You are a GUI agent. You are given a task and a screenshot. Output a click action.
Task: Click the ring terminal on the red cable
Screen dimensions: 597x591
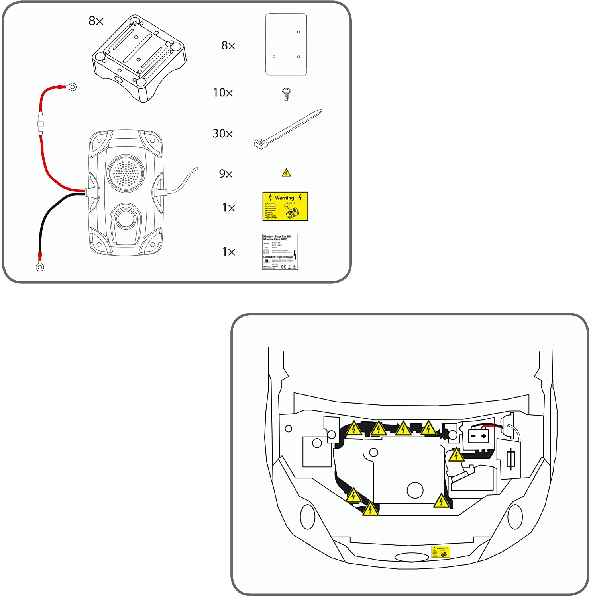click(72, 86)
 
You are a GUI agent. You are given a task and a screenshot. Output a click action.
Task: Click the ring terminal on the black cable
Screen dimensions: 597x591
click(40, 267)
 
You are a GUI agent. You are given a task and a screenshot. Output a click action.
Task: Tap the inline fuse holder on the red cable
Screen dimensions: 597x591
click(40, 124)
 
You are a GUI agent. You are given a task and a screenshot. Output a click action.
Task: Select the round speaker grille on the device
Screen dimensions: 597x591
click(125, 172)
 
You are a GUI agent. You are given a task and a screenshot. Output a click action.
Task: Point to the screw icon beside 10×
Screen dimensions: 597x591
click(286, 94)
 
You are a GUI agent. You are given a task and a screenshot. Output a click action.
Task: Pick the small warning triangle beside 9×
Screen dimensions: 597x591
click(286, 173)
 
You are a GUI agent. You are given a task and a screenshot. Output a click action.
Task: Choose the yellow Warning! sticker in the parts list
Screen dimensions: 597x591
click(285, 206)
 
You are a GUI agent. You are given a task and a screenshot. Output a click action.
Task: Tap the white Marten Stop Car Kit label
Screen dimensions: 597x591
click(280, 252)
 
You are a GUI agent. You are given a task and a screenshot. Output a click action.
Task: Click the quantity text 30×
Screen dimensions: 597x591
click(222, 134)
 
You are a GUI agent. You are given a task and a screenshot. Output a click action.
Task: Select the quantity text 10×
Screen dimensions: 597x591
click(222, 93)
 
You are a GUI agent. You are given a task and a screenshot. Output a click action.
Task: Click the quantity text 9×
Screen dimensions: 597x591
click(226, 174)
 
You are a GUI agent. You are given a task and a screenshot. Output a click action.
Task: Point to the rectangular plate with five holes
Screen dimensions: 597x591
click(286, 45)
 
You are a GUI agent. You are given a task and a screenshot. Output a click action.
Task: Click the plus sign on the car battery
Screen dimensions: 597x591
click(484, 436)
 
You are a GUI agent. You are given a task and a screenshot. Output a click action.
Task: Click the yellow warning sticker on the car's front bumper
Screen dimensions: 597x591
click(441, 552)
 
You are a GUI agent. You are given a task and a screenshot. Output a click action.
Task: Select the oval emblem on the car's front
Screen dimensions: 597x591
click(412, 557)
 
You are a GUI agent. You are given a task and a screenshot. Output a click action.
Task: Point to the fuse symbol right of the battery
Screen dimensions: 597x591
click(512, 459)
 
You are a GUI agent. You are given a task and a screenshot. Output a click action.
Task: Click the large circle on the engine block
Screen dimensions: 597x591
click(415, 490)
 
